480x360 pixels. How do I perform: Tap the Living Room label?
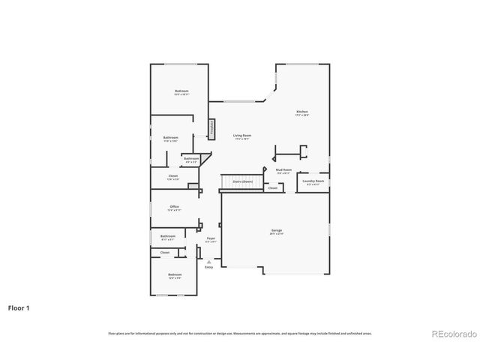coord(241,136)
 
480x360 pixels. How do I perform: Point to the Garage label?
coord(277,231)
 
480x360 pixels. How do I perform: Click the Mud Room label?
coord(283,170)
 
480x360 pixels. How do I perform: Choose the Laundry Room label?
coord(313,182)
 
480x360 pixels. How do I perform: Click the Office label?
coord(174,208)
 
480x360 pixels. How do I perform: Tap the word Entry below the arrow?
coord(208,268)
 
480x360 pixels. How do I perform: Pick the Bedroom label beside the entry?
coord(174,276)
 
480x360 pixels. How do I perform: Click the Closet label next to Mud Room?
coord(272,187)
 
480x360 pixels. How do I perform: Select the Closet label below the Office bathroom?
coord(165,253)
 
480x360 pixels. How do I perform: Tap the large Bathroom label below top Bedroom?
coord(171,138)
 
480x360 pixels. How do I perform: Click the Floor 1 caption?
coord(19,307)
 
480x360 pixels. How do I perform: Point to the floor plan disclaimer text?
coord(240,333)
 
